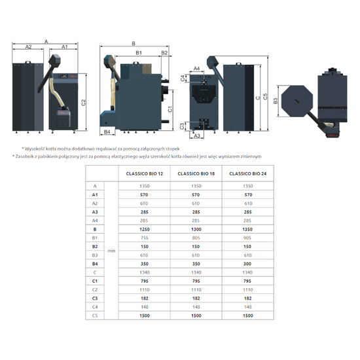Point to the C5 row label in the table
(x=96, y=316)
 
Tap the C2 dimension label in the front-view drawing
(x=84, y=102)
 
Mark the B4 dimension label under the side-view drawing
(x=107, y=132)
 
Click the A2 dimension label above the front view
(x=29, y=48)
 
